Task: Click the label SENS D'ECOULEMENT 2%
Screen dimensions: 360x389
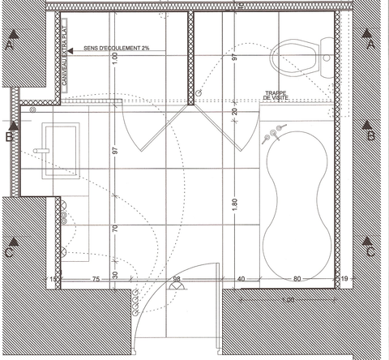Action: (x=117, y=49)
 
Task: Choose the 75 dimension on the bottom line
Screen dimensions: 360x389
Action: (x=96, y=280)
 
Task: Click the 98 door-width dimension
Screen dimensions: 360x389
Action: (x=179, y=280)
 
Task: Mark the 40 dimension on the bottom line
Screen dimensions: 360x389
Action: (x=242, y=280)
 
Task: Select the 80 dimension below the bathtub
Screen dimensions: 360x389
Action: (x=297, y=280)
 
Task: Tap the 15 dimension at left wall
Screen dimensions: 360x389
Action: (x=54, y=280)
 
